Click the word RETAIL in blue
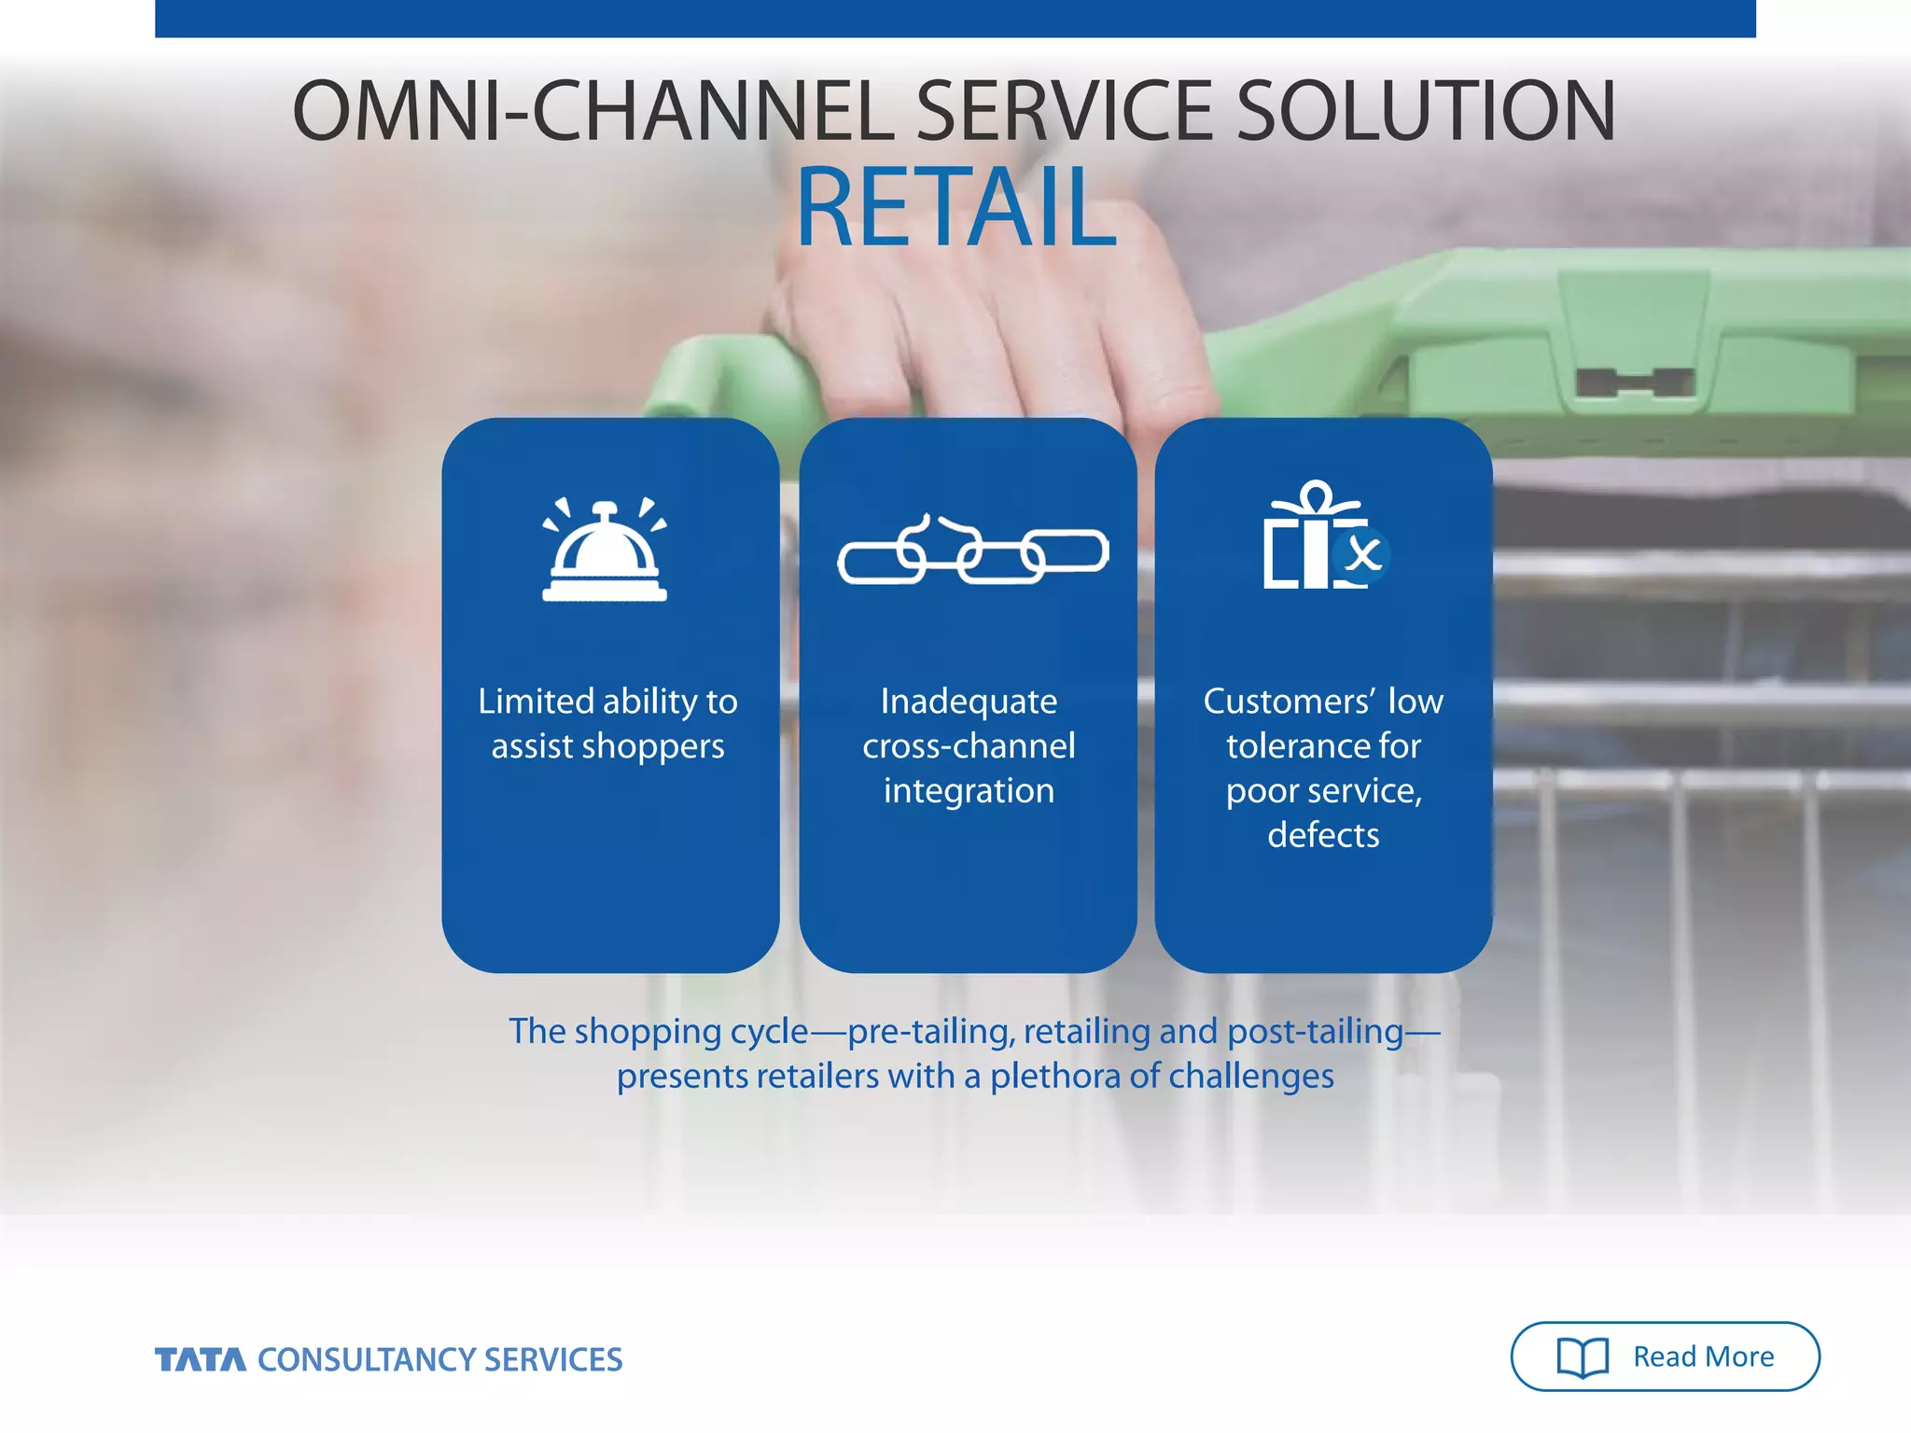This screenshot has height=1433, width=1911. coord(955,207)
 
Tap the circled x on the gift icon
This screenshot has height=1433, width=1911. coord(1363,555)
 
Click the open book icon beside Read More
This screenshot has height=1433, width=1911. coord(1583,1357)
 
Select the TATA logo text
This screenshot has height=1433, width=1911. coord(201,1359)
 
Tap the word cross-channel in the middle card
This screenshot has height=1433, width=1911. coord(969,746)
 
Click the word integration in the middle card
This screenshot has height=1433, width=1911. coord(969,791)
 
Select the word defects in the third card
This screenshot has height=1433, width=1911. coord(1323,835)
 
